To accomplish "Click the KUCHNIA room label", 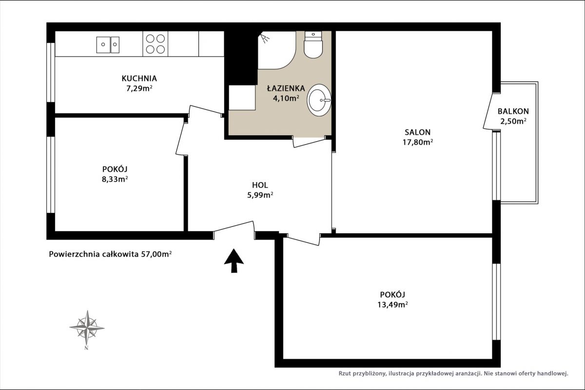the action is [139, 78].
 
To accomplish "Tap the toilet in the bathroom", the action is [313, 45].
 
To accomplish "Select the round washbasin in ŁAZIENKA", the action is [319, 100].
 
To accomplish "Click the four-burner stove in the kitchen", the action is [155, 44].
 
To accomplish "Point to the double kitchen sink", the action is [108, 45].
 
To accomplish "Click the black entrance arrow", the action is [234, 260].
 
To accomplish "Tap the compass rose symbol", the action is [87, 328].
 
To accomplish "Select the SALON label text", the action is [418, 132].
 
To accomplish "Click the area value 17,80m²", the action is [418, 143].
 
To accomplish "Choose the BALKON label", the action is [513, 111].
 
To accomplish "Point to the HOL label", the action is [260, 185].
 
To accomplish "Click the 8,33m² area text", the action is [115, 180].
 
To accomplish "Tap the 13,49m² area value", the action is [392, 305].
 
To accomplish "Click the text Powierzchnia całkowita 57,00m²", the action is [110, 254].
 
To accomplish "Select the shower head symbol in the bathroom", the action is [265, 38].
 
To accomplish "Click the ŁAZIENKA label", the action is [286, 88].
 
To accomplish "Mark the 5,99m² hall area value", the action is [260, 195].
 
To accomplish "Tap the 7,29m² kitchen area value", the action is [139, 89].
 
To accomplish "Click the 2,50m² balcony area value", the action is [513, 121].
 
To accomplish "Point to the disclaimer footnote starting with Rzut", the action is [453, 373].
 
